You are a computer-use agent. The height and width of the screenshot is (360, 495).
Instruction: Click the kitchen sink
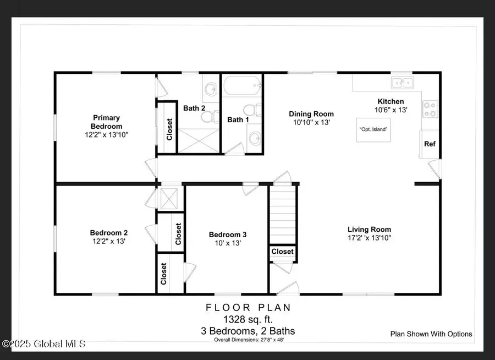pos(402,83)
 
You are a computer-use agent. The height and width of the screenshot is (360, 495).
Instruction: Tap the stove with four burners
pos(430,109)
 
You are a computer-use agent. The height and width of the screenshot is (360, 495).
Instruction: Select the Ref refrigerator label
pos(430,144)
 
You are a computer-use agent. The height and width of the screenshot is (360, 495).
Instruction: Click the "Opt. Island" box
pos(373,130)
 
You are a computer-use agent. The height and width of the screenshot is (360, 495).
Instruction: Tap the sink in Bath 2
pos(211,89)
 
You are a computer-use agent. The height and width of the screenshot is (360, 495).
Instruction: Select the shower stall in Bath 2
pos(199,141)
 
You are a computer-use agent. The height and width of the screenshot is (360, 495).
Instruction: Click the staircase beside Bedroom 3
pos(283,215)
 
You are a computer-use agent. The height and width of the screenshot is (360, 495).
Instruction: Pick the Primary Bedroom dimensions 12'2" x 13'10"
pos(107,135)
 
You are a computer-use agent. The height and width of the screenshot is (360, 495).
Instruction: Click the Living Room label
pos(370,230)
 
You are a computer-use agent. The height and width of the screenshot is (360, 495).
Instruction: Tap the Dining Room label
pos(311,114)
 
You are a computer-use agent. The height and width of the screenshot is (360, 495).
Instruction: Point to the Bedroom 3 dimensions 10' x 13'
pos(228,243)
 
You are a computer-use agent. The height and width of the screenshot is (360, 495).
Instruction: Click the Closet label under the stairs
pos(283,252)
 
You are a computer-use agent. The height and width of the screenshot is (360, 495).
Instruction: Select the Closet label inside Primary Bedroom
pos(169,129)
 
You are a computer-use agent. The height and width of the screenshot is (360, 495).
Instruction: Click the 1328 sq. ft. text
pos(248,319)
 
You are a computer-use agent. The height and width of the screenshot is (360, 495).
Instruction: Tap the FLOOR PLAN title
pos(248,308)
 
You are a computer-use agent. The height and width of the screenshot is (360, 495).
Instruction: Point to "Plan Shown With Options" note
pos(431,334)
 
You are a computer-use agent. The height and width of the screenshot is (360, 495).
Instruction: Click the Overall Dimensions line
pos(249,340)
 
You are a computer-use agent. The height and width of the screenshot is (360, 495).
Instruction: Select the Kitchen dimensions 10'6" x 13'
pos(391,110)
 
